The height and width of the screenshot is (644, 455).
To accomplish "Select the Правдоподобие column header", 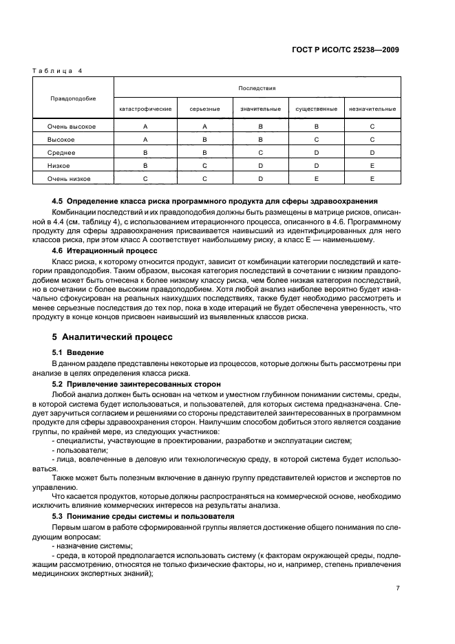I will click(x=72, y=98).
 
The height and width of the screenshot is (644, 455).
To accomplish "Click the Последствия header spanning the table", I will click(x=257, y=88).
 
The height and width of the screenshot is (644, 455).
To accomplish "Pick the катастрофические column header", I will click(x=145, y=109).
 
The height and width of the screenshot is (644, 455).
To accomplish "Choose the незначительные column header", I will click(x=372, y=109).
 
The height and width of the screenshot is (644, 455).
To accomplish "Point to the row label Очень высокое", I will click(x=72, y=127).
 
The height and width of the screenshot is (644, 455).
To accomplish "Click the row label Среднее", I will click(x=61, y=152).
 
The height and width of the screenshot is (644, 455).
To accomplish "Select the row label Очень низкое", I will click(x=69, y=178).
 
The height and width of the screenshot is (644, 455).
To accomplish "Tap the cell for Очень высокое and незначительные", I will click(x=372, y=127).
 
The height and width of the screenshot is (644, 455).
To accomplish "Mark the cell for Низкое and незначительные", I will click(x=372, y=165).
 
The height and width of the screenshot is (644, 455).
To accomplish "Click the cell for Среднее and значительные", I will click(x=260, y=152).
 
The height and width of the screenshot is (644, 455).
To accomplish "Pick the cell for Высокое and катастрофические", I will click(x=145, y=139).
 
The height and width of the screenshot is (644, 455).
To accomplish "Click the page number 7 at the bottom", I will click(x=398, y=589).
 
